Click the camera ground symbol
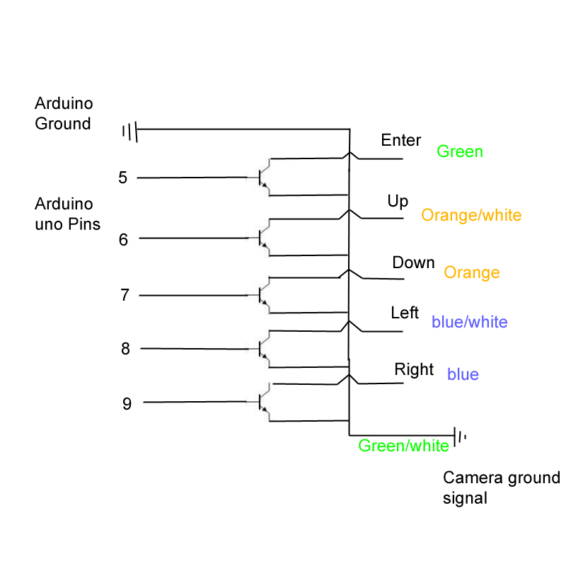459,436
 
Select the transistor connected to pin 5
264,177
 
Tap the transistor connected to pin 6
264,238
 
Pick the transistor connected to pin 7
264,295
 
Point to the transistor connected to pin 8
264,349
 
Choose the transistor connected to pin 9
264,403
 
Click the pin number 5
123,178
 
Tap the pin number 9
127,404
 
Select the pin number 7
125,295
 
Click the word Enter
400,140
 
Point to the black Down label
413,262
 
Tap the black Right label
414,369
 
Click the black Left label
405,313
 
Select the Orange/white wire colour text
471,215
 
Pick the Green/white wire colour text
403,446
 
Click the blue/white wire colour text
469,322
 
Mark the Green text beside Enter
460,151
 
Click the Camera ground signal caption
501,487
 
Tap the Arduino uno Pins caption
67,214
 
